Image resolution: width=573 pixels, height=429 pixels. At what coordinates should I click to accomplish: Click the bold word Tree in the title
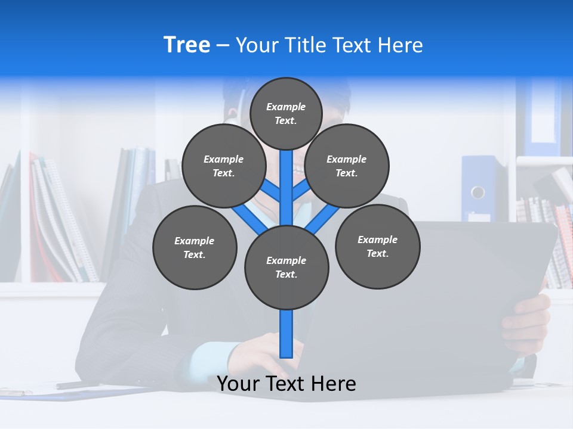tap(187, 45)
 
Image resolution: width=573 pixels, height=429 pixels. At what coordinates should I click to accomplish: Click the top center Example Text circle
tap(286, 113)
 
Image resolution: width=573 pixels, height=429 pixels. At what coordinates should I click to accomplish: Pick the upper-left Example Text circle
tap(223, 166)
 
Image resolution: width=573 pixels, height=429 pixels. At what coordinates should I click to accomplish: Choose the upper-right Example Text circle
tap(347, 166)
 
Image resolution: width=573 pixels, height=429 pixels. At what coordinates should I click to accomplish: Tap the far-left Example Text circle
tap(195, 248)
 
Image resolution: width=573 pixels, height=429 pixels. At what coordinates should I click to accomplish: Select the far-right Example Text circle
tap(378, 247)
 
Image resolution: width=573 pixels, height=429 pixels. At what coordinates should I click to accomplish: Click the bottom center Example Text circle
tap(286, 268)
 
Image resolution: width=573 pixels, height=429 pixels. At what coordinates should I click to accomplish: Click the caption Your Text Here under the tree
tap(286, 384)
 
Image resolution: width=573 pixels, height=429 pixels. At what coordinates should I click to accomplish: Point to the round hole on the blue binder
tap(478, 192)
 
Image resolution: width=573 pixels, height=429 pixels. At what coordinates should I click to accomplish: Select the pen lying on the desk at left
tap(78, 385)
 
